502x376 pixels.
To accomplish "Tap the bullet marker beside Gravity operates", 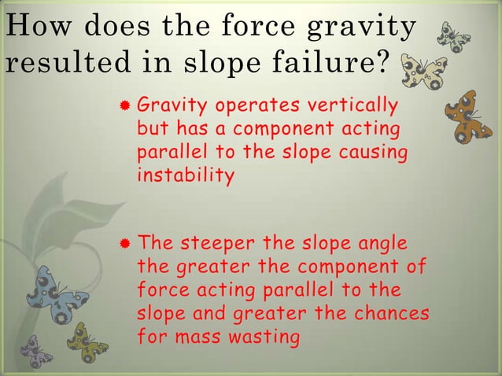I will pyautogui.click(x=125, y=108).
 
